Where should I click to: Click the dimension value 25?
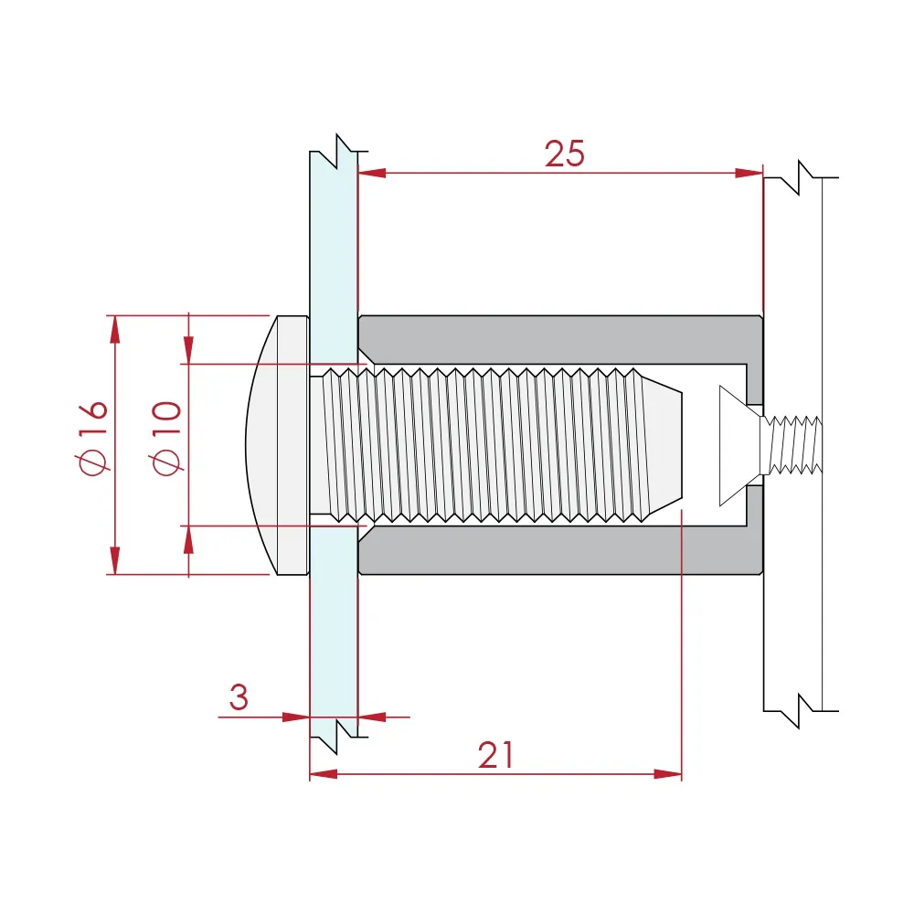coord(564,154)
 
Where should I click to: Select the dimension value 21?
coord(496,756)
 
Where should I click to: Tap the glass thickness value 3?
coord(238,698)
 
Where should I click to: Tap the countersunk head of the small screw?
coord(739,445)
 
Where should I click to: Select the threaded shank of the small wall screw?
coord(795,445)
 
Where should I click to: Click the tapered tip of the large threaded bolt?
coord(664,445)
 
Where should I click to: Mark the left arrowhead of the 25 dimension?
coord(371,172)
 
